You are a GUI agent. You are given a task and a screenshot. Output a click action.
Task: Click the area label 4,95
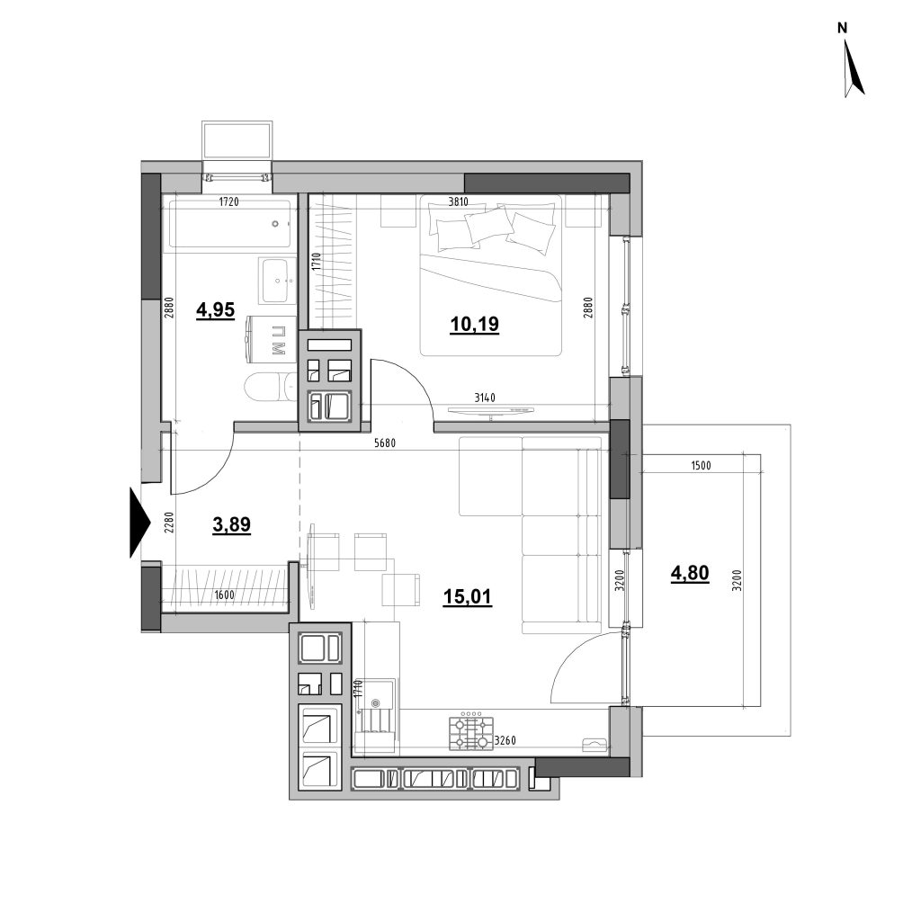coord(216,309)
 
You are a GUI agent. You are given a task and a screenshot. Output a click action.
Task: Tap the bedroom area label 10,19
coord(475,324)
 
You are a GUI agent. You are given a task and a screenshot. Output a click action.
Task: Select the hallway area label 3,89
coord(231,524)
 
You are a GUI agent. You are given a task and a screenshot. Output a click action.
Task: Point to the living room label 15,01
coord(468,597)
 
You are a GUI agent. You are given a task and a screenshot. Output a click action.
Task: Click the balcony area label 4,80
coord(690,573)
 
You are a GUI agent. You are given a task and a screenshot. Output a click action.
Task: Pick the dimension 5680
coord(385,443)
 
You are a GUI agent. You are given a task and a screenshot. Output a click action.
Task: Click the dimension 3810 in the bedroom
coord(458,202)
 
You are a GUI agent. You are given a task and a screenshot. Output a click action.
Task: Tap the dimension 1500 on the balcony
coord(702,466)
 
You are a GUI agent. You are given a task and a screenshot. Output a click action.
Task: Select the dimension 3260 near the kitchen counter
coord(505,741)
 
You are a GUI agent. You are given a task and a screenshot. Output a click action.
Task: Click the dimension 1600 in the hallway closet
coord(224,595)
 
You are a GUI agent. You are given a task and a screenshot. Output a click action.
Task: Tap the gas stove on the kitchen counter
coord(471,730)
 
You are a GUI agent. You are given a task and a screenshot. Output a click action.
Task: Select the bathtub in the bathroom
coord(229,224)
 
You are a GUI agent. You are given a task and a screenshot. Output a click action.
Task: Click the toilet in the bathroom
coord(270,388)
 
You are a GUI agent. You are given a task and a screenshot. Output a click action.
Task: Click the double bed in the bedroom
coord(491,275)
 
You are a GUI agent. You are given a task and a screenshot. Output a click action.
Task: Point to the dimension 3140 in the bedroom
coord(485,398)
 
